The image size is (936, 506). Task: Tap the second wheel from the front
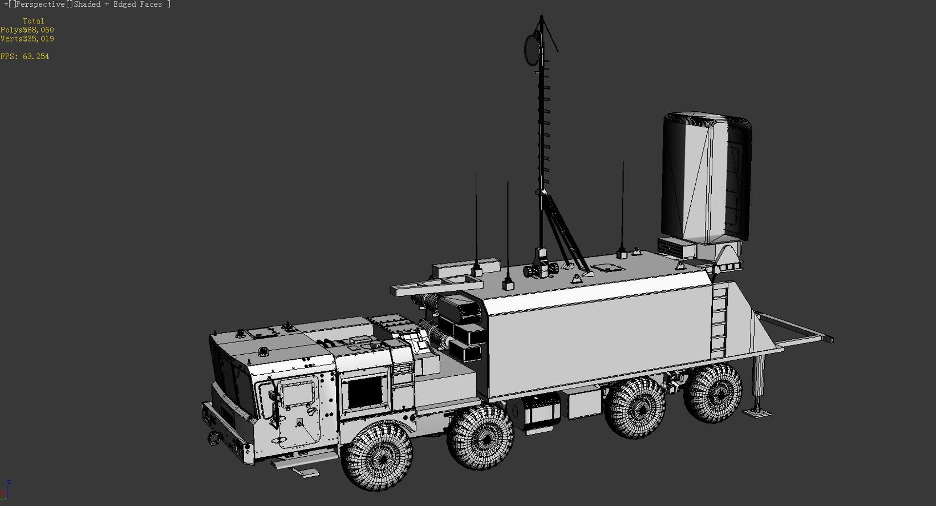pos(481,437)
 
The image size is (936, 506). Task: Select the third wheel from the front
pos(635,407)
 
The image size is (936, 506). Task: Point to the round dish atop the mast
pos(531,49)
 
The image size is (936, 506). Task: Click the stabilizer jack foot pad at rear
pos(757,413)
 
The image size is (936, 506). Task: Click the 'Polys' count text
pos(27,30)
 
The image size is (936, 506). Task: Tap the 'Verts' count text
pos(27,39)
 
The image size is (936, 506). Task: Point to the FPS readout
pos(25,57)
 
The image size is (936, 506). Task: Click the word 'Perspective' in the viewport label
pos(40,4)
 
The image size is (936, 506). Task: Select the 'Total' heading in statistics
pos(33,21)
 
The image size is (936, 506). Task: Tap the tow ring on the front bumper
pos(214,438)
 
